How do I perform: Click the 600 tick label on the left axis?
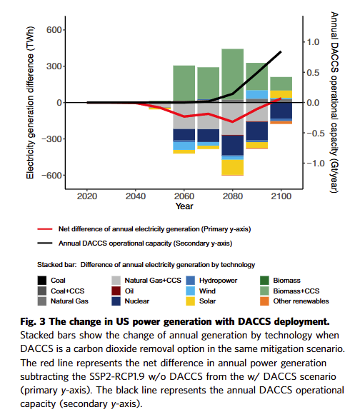54,30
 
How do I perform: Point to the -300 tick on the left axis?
51,139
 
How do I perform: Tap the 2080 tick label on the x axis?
233,196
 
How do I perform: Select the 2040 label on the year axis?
136,196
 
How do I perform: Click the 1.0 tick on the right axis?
313,42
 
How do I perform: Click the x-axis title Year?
184,206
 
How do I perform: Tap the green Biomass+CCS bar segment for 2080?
233,74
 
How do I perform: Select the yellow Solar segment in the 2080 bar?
233,167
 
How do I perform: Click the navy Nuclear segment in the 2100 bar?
281,111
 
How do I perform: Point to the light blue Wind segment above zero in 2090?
257,94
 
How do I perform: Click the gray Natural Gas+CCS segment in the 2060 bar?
184,116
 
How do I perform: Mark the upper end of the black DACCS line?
281,51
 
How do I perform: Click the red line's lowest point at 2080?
233,122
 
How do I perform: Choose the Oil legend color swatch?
116,291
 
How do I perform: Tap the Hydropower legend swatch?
190,281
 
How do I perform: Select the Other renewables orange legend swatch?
264,301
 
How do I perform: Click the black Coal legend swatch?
41,281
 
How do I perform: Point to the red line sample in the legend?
45,229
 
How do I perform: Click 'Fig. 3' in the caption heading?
33,321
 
